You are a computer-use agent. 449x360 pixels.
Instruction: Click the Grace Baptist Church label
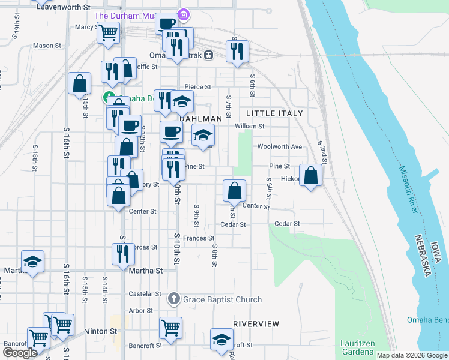click(223, 299)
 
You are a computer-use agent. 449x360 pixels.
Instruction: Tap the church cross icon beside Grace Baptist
click(174, 299)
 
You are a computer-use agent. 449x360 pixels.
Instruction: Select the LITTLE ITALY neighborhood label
click(274, 113)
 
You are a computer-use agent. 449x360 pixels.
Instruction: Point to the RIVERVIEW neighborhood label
click(256, 324)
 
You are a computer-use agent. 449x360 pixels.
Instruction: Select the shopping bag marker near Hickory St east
click(310, 175)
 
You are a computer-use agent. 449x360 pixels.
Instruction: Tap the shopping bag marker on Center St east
click(235, 191)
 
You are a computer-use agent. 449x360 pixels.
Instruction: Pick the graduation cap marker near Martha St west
click(32, 262)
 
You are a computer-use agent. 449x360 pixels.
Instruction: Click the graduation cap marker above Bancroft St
click(221, 339)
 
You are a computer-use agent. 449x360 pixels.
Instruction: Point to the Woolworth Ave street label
click(279, 146)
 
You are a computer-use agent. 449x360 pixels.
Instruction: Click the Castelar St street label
click(145, 294)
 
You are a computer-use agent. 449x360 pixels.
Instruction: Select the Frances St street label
click(199, 238)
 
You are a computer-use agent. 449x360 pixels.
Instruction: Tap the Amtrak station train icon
click(208, 55)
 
